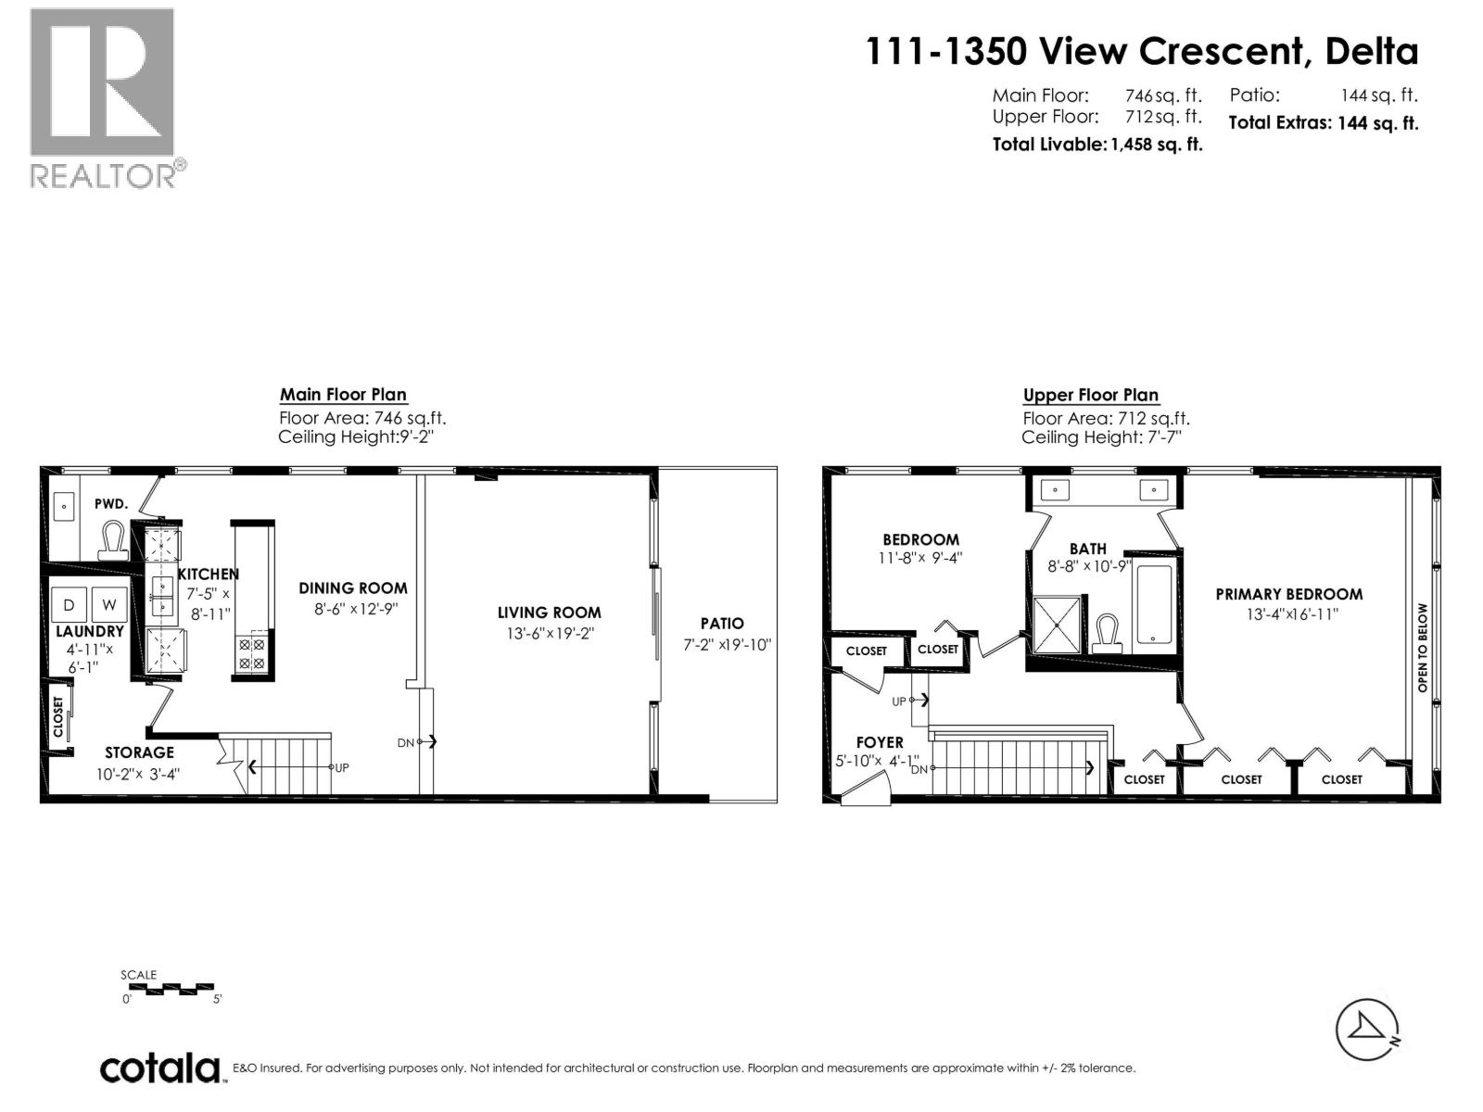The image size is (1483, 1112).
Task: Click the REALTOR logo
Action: click(103, 97)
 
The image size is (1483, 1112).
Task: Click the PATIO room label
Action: click(721, 624)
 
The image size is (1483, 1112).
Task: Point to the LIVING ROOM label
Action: click(549, 613)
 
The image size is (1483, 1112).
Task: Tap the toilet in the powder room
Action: click(113, 540)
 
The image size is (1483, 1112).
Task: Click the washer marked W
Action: click(109, 605)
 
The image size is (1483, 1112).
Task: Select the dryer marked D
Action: click(69, 605)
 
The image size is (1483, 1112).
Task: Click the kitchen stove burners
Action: click(251, 652)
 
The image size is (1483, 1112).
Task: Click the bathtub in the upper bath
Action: click(1155, 604)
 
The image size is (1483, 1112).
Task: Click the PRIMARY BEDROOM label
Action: click(1288, 594)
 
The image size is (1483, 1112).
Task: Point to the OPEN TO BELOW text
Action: click(1423, 648)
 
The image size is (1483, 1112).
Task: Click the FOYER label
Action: click(879, 742)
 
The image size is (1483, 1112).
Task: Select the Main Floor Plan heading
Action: click(343, 395)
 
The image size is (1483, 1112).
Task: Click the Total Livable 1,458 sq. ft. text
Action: click(1096, 145)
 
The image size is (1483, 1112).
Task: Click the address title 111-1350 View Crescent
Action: click(1141, 52)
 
